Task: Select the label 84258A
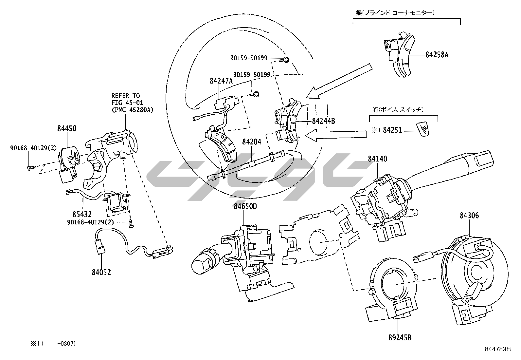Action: pos(437,55)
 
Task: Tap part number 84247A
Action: pos(221,81)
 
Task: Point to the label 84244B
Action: pos(323,121)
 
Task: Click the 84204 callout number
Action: pos(252,142)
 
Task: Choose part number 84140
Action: pos(377,159)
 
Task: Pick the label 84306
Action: pos(469,215)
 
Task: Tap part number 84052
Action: pos(101,272)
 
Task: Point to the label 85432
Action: pos(82,215)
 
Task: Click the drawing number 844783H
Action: pos(498,349)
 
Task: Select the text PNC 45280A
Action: pos(132,110)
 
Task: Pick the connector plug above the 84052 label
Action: pos(99,246)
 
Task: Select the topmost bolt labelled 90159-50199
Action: pos(286,60)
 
